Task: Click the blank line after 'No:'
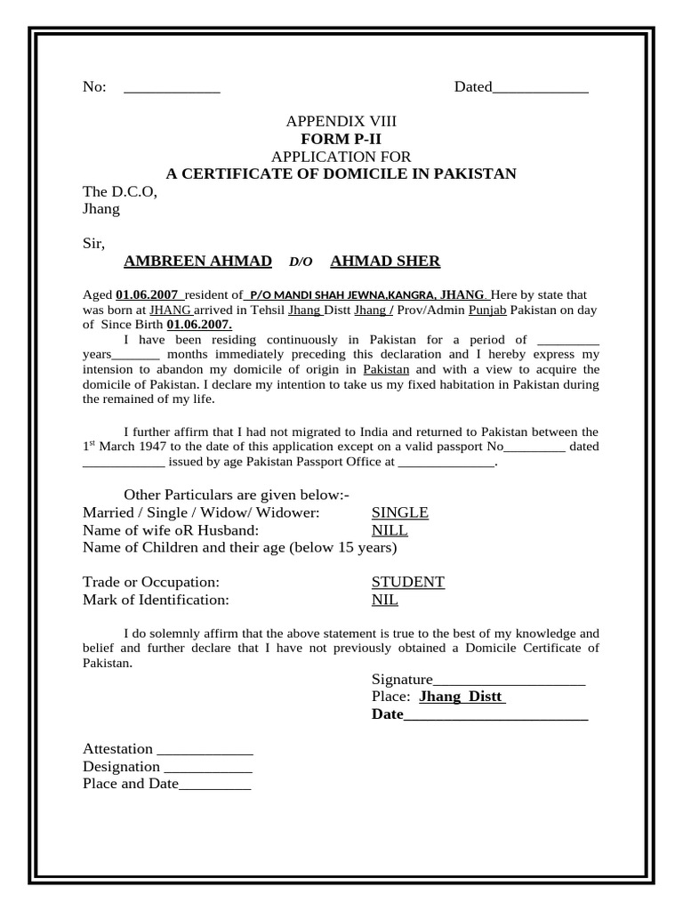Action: [x=172, y=88]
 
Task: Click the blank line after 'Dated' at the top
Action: [x=540, y=88]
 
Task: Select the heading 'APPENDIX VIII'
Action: [x=341, y=121]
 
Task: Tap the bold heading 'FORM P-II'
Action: [x=341, y=139]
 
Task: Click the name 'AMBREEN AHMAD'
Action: [x=197, y=261]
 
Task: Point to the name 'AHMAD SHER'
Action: [x=384, y=261]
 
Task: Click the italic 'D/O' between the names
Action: [x=301, y=262]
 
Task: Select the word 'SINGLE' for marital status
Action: [x=399, y=512]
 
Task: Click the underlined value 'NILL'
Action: [x=390, y=530]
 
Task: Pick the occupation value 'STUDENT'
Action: [x=407, y=582]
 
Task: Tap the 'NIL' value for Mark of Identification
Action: [x=384, y=600]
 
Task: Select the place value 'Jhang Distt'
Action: [x=462, y=697]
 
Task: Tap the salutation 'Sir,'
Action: [x=93, y=243]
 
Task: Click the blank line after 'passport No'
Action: [x=534, y=447]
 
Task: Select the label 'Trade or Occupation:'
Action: [x=150, y=582]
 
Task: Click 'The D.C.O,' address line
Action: [x=119, y=191]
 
